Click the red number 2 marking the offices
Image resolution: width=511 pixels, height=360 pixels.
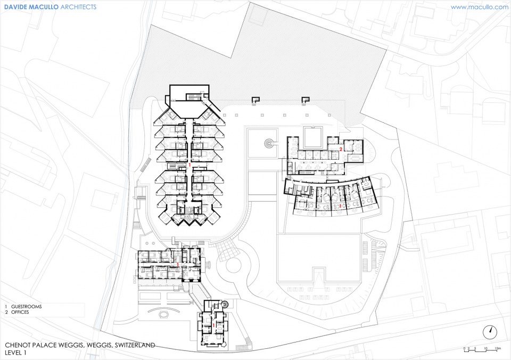(x=341, y=149)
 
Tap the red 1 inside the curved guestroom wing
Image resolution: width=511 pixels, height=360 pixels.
(x=340, y=206)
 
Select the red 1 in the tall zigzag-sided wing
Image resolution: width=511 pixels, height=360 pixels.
(x=189, y=165)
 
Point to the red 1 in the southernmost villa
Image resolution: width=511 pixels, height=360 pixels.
(x=214, y=325)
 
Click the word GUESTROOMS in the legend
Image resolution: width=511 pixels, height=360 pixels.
(x=27, y=307)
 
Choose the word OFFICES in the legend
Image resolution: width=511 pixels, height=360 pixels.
(x=20, y=312)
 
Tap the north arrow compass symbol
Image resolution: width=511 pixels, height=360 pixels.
(x=490, y=332)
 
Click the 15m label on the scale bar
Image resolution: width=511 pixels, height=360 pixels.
(x=497, y=349)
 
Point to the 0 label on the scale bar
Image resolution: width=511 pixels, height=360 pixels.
(x=464, y=349)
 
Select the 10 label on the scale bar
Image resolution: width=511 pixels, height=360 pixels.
(x=485, y=349)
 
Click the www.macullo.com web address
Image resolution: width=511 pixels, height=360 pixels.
(x=479, y=7)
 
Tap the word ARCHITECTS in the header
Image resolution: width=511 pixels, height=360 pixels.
(x=78, y=6)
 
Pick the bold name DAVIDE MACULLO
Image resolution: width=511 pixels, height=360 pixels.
(x=31, y=6)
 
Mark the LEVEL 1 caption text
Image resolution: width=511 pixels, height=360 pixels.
(x=15, y=353)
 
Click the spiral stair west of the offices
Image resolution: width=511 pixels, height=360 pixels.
(x=269, y=143)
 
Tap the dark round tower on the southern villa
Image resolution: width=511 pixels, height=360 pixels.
(x=224, y=304)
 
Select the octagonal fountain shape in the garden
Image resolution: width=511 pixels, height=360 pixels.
(x=163, y=314)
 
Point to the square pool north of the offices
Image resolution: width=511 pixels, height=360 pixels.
(x=312, y=138)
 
